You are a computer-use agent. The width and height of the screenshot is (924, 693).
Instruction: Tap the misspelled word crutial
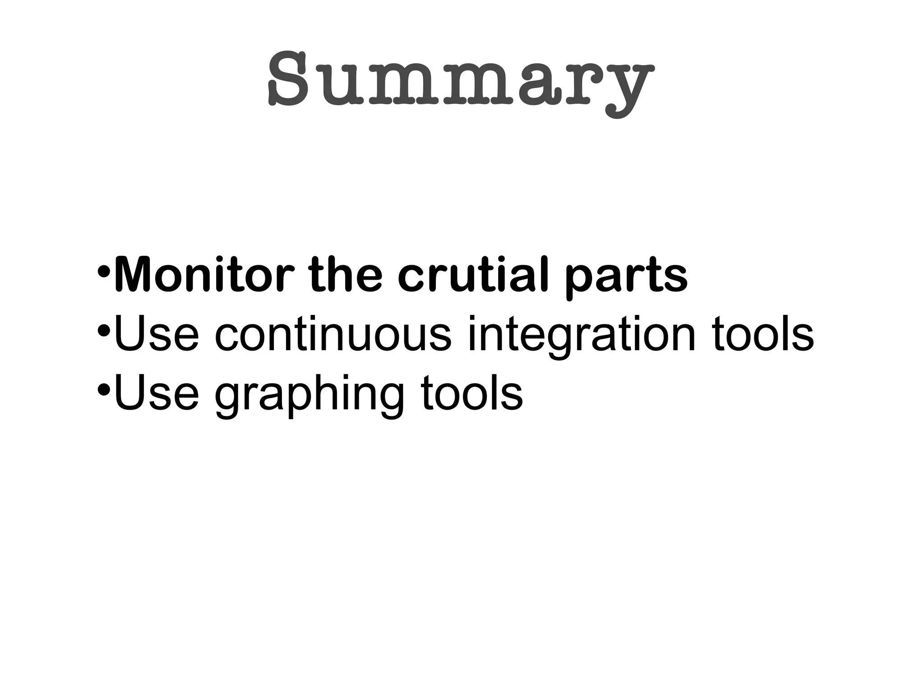pos(473,275)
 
